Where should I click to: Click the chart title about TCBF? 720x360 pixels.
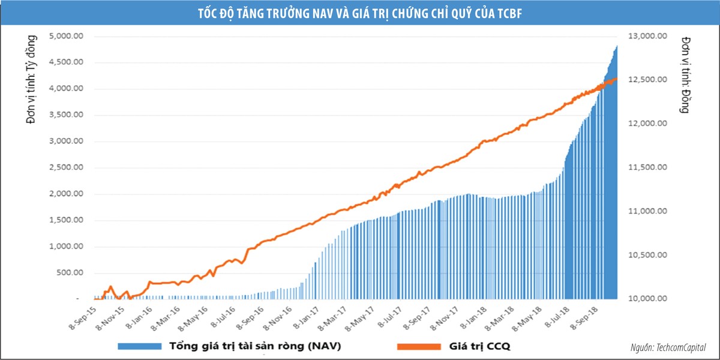tap(359, 13)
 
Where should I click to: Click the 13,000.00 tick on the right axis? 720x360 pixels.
tap(647, 37)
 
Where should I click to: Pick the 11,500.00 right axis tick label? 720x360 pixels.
tap(647, 167)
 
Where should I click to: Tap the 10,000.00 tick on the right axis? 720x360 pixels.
tap(647, 299)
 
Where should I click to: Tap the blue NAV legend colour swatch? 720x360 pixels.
tap(139, 346)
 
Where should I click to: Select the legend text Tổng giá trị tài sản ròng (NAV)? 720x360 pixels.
tap(258, 346)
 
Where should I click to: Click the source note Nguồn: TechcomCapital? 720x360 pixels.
tap(668, 347)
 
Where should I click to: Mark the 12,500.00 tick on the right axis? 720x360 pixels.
tap(647, 80)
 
